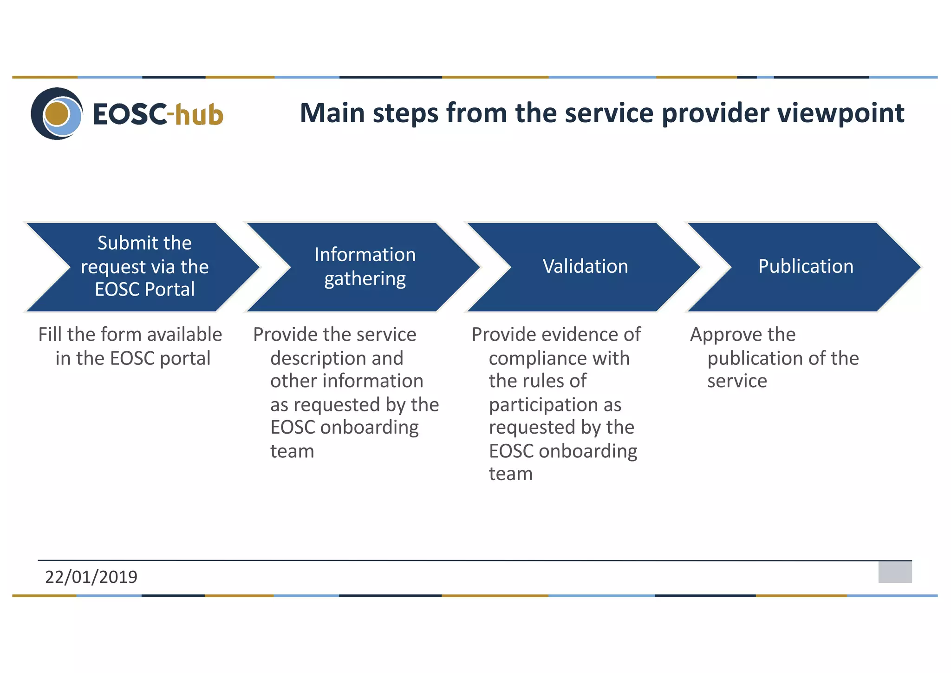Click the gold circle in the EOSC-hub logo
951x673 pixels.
pyautogui.click(x=57, y=114)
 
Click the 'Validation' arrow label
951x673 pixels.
pyautogui.click(x=585, y=267)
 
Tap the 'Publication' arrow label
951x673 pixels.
pyautogui.click(x=806, y=267)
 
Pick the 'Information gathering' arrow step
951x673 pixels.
pyautogui.click(x=365, y=267)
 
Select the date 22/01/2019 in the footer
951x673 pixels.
pyautogui.click(x=91, y=577)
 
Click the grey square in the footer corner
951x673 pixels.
pyautogui.click(x=895, y=572)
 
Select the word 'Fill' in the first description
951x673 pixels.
pyautogui.click(x=50, y=335)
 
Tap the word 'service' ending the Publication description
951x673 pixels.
pyautogui.click(x=737, y=382)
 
